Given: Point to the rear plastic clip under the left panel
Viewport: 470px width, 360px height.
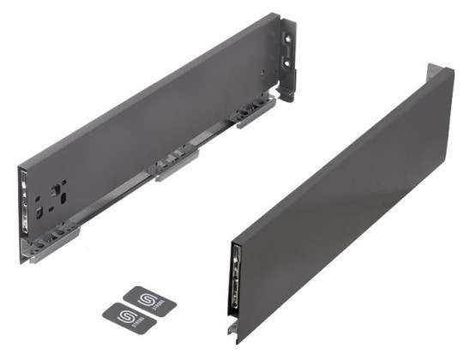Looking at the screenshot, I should coord(255,112).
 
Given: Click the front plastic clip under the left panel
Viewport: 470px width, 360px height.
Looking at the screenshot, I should coord(54,234).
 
